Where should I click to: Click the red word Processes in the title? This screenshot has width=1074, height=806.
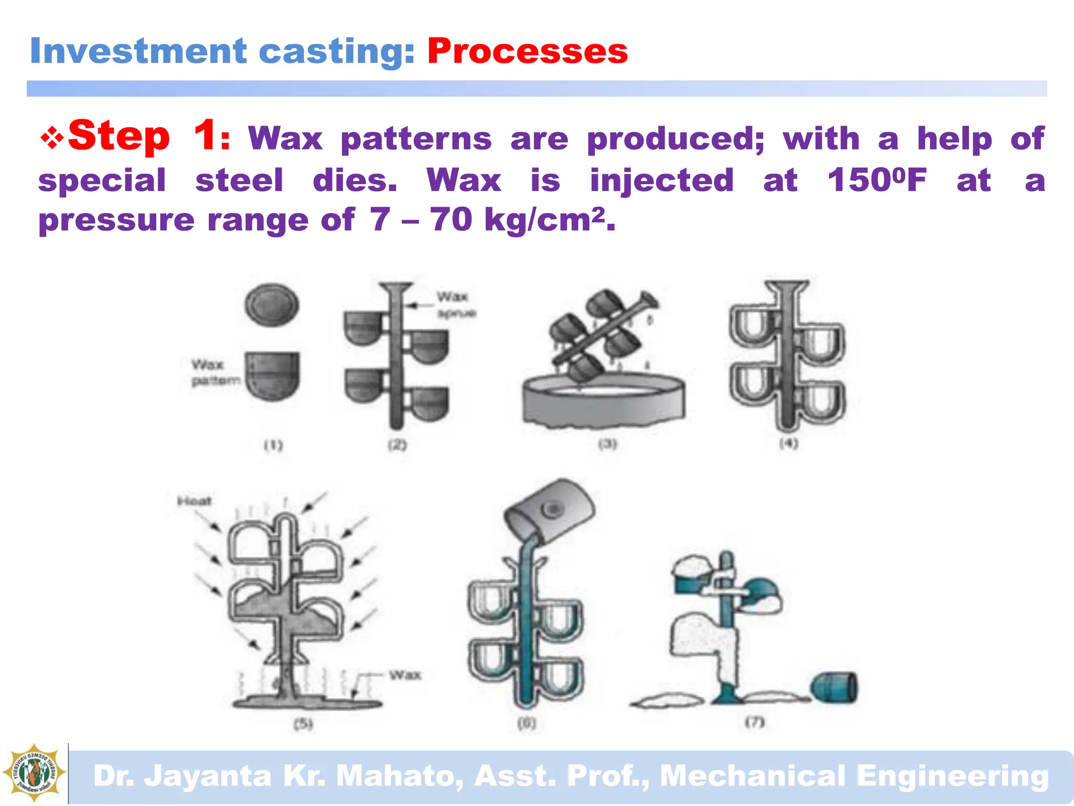click(x=528, y=51)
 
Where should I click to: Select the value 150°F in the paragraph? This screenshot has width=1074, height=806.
click(x=877, y=181)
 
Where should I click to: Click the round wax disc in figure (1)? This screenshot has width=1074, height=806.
click(x=272, y=305)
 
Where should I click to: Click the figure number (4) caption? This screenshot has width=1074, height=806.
click(x=788, y=443)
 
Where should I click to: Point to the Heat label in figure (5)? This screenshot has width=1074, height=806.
click(x=194, y=501)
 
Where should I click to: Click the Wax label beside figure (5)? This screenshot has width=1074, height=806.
click(x=405, y=675)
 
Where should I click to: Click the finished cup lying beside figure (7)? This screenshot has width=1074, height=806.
click(x=834, y=688)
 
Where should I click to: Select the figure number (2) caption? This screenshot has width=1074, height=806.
click(x=397, y=445)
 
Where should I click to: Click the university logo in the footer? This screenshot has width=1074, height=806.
click(x=34, y=773)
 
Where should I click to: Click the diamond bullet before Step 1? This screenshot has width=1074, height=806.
click(x=52, y=139)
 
